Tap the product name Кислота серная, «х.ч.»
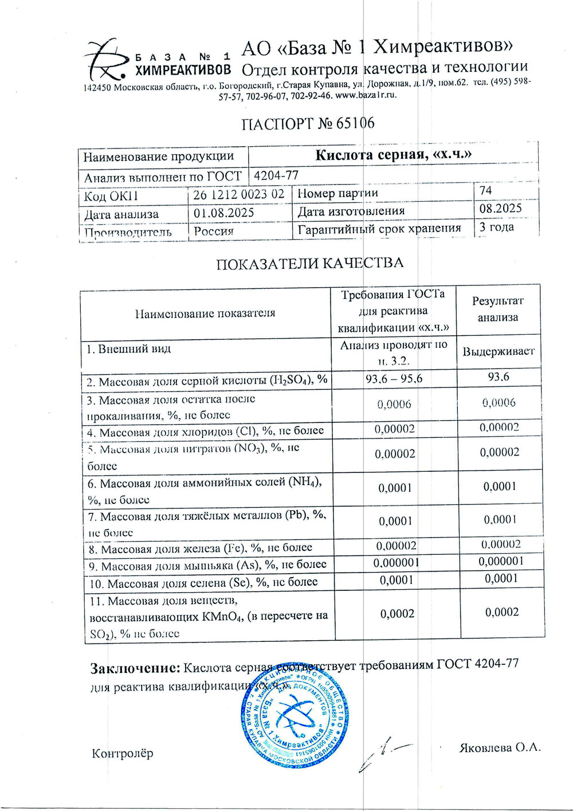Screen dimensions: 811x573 pos(394,155)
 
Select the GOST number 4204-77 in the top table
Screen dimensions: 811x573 pos(276,175)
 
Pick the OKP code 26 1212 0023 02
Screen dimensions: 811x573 pos(239,194)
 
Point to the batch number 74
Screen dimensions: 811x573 pos(486,190)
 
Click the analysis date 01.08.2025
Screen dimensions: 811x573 pos(224,213)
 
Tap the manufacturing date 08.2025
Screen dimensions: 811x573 pos(501,208)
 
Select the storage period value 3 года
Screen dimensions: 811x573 pos(496,226)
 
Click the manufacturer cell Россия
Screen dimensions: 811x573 pos(214,231)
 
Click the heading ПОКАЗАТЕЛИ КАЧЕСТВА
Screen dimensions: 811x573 pos(309,263)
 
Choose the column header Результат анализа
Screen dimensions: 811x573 pos(498,309)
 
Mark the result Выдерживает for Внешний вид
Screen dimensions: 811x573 pos(499,351)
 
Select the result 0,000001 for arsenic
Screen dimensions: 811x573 pos(501,561)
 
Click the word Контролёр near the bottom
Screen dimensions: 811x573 pos(123,753)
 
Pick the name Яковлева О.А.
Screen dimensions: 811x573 pos(500,747)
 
